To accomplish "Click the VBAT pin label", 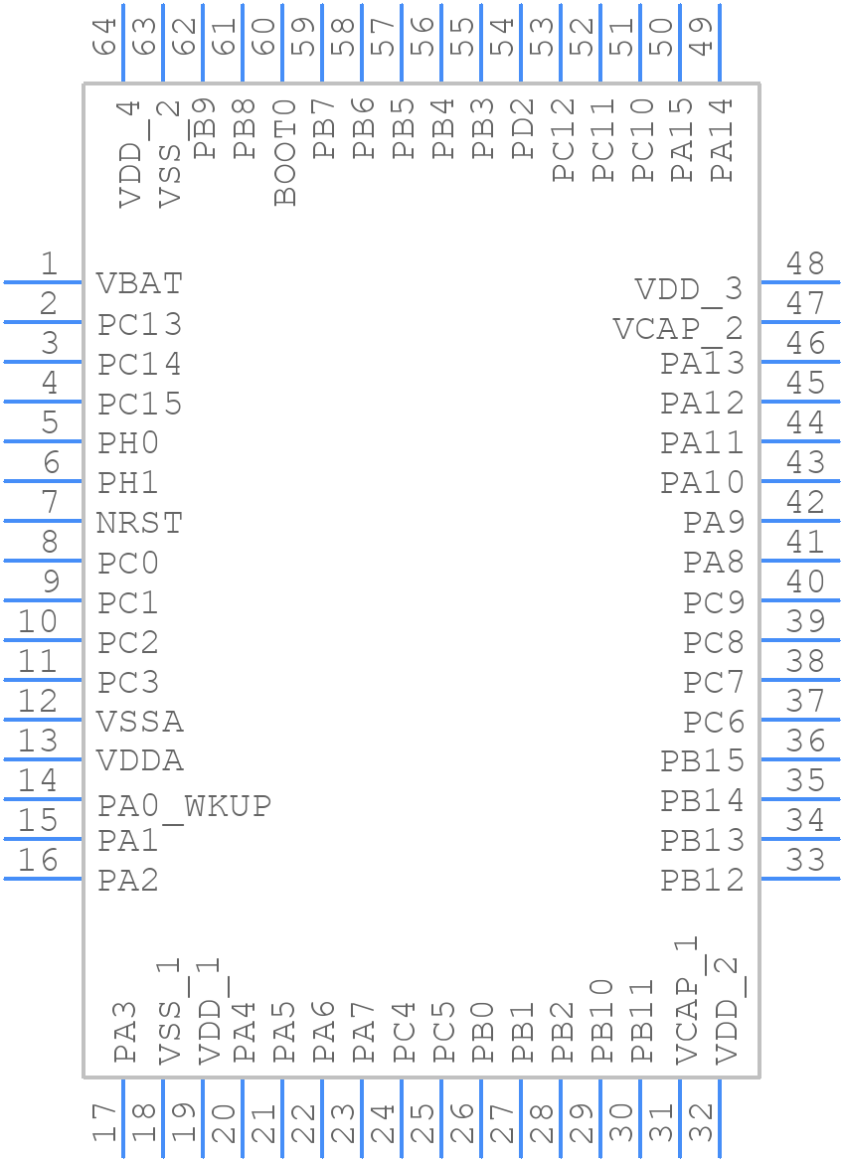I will point(139,284).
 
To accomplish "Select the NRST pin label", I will point(139,523).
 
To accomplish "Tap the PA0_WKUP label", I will point(184,805).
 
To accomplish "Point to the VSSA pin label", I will point(139,722).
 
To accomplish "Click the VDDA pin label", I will point(139,761).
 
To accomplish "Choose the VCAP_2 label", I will point(678,328).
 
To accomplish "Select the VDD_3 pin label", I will point(689,289).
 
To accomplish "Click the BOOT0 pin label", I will point(285,152).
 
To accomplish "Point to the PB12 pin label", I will point(702,880).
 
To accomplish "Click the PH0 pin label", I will point(128,443).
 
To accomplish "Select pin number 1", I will point(48,264).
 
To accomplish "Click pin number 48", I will point(805,264).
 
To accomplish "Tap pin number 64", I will point(105,36).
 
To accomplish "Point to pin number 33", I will point(805,860).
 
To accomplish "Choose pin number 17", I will point(105,1125).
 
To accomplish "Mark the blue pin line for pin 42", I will point(800,521).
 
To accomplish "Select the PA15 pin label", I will point(682,140).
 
